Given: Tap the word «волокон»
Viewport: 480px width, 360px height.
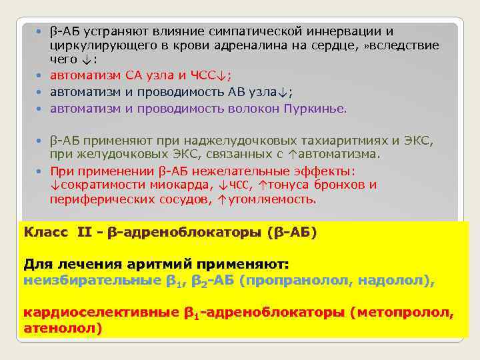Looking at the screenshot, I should tap(259, 109).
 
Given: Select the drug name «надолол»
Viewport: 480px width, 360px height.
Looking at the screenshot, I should tap(394, 281).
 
